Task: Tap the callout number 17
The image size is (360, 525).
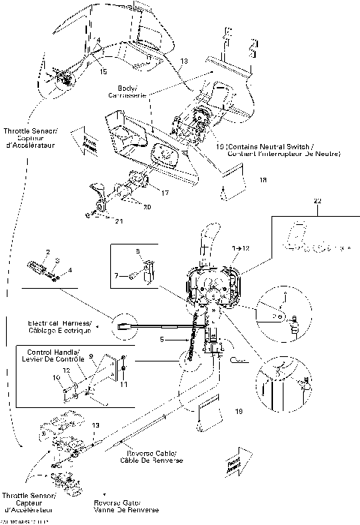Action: [164, 193]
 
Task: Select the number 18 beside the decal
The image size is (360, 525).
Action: [262, 181]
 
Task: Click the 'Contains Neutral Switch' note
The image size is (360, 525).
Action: [277, 149]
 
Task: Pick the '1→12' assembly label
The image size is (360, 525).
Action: [241, 246]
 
